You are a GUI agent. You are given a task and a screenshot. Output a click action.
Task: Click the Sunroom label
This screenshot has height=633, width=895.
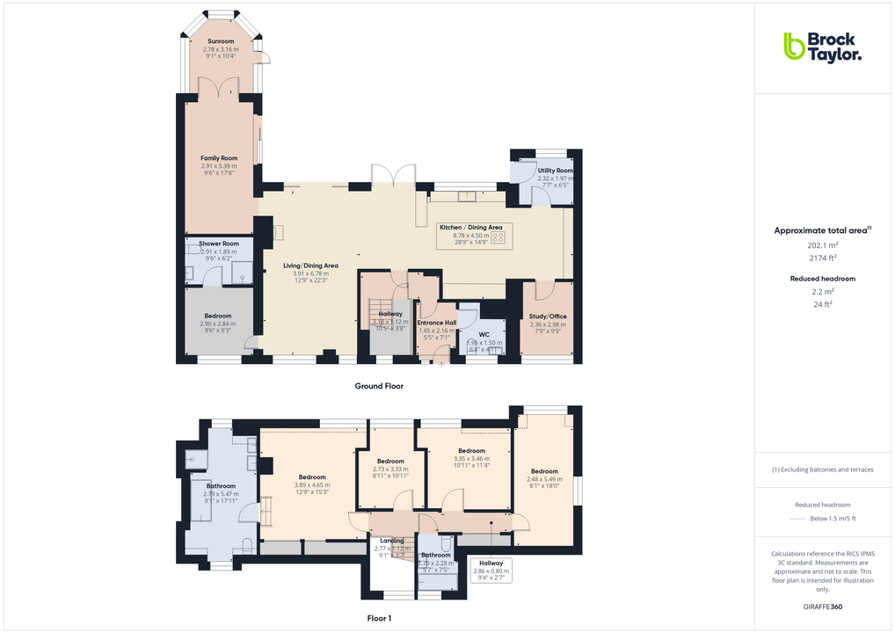(221, 41)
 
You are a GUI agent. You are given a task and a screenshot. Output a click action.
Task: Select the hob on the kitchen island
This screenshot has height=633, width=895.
(498, 236)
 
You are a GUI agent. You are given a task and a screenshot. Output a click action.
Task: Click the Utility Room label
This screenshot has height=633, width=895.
(555, 171)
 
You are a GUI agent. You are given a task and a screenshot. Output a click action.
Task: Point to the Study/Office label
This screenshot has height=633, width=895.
(548, 316)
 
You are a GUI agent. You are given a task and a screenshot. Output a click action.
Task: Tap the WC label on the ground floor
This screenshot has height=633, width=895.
(484, 334)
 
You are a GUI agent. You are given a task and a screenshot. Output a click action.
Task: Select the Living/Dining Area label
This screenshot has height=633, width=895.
(310, 266)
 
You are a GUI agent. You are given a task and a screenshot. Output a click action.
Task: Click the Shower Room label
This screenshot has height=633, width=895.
(219, 244)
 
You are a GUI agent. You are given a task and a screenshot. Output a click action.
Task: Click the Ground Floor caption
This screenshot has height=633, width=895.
(379, 386)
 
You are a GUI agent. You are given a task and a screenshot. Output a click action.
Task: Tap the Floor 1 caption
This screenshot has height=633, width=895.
(379, 618)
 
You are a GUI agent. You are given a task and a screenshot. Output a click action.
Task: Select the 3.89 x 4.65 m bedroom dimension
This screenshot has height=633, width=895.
(311, 485)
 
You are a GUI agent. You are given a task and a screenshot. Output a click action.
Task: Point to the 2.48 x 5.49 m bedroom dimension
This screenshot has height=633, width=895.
(544, 479)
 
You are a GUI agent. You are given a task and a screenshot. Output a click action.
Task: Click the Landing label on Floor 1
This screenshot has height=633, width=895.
(391, 541)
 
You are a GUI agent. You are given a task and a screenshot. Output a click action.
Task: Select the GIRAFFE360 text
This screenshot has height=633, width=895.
(822, 607)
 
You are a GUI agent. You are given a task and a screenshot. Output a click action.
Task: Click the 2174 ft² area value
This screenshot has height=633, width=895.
(822, 258)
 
